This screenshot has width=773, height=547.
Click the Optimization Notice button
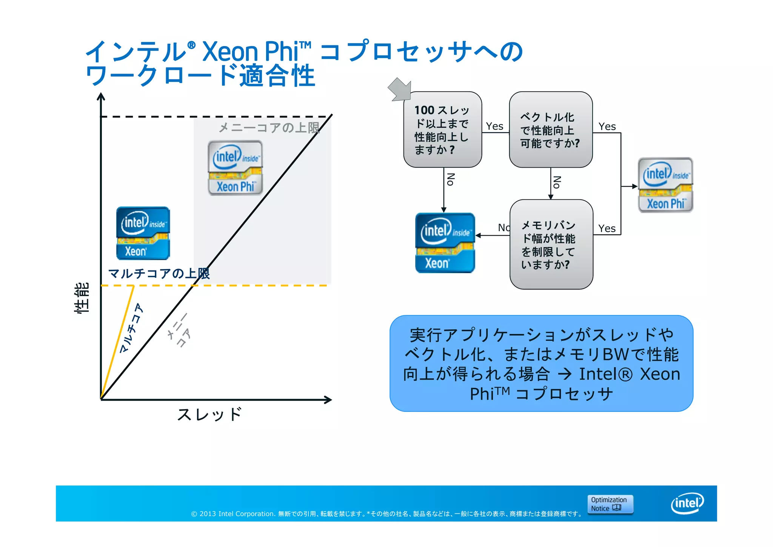[610, 504]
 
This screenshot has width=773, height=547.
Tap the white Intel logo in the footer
[687, 503]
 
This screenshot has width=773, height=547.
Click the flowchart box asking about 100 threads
[442, 130]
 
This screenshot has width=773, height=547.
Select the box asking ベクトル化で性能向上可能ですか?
[550, 130]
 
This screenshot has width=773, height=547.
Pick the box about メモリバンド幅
[551, 244]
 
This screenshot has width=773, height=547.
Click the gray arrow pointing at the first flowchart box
[399, 89]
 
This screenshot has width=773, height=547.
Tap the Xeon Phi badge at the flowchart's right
[665, 185]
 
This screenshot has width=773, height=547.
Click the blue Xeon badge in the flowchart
[445, 243]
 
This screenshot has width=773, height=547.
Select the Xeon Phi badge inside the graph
[235, 168]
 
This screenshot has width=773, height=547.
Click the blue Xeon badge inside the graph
[143, 233]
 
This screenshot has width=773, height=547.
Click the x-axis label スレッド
[209, 414]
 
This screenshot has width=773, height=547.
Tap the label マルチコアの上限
[159, 273]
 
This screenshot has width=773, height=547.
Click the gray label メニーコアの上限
[269, 128]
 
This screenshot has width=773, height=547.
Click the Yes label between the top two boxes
[494, 126]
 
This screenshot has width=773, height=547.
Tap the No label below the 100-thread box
[450, 179]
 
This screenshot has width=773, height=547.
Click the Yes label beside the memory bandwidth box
[607, 229]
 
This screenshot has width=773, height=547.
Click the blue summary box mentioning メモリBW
[541, 363]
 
